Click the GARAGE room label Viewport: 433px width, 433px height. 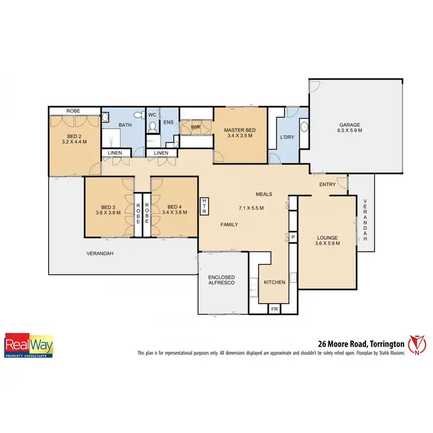[x=350, y=125]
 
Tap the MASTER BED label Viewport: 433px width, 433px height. [x=240, y=130]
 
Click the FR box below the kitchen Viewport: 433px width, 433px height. [x=274, y=309]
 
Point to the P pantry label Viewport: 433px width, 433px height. [x=293, y=237]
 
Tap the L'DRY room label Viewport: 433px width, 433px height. [x=288, y=137]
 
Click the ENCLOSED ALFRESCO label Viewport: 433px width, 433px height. [x=222, y=281]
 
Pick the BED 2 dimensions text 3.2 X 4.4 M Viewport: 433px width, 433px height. [x=74, y=140]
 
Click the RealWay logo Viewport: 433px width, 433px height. [x=29, y=345]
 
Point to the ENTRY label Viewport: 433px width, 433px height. [x=327, y=184]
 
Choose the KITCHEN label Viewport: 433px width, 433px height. [x=274, y=282]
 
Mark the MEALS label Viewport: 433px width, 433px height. [x=264, y=194]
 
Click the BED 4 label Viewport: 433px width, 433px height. [x=174, y=207]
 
